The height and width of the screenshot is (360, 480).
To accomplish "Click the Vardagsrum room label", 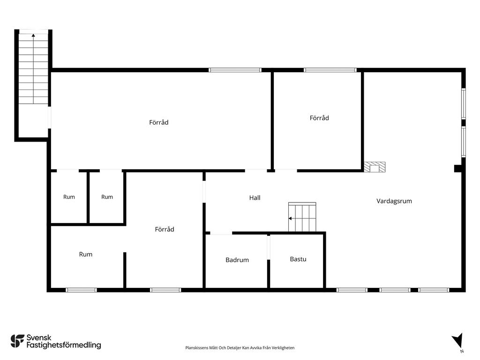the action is point(394,201).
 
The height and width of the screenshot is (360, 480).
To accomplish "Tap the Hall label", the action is point(255,198).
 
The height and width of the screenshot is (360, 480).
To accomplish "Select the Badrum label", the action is point(237,260).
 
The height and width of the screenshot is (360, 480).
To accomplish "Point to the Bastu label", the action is point(298,259).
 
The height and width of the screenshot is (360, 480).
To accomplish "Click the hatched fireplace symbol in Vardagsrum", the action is point(375,167).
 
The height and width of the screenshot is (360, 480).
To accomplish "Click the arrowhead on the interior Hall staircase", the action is point(290,218).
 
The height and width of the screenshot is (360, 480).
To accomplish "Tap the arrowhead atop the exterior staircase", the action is point(33,35).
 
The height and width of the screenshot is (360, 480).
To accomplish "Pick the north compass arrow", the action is point(457,341).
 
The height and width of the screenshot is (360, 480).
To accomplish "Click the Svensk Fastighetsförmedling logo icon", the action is point(17,341).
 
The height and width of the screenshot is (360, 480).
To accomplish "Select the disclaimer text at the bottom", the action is point(240,348).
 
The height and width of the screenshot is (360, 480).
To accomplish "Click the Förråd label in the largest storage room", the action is point(159,122).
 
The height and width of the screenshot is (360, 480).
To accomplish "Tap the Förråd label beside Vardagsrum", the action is point(319,118).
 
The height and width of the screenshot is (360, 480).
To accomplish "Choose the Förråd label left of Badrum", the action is point(165,229).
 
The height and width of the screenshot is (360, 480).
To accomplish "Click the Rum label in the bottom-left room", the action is point(86,254).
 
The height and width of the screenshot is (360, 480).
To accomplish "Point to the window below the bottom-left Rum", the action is point(82,290).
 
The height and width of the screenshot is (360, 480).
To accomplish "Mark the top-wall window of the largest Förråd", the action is point(235,70).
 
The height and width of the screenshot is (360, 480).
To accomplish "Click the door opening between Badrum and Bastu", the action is point(269,247).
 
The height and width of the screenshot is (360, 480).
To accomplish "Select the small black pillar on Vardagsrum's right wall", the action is point(458,168).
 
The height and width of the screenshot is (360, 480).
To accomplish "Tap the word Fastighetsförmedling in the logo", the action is point(64,345).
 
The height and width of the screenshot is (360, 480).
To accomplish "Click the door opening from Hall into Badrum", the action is point(221,233).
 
